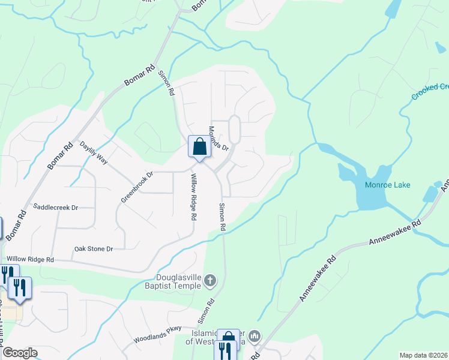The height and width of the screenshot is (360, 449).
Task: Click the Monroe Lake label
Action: click(x=388, y=185)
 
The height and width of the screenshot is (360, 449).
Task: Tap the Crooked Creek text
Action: click(x=430, y=92)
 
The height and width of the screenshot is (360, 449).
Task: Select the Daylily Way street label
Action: click(x=93, y=154)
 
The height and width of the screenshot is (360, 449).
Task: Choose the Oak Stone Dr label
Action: click(x=93, y=248)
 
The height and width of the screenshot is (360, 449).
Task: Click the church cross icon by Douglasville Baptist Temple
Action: click(x=209, y=280)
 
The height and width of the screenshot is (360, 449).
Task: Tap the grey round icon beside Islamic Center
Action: click(x=256, y=336)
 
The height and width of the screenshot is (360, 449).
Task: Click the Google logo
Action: click(x=19, y=353)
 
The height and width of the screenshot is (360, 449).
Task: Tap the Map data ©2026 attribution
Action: click(x=423, y=355)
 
